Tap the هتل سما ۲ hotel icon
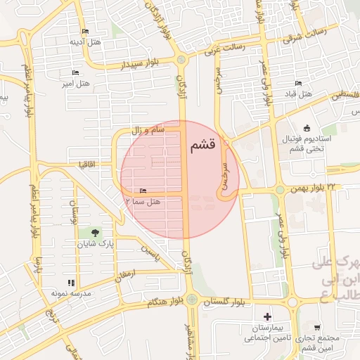point(143,191)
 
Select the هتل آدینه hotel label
point(76,41)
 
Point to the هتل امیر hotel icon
point(75,73)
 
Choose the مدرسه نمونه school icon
point(71,283)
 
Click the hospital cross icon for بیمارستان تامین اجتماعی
point(266,316)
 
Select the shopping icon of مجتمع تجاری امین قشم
point(318,328)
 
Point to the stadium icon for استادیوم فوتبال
point(307,127)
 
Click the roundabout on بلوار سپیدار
point(182,60)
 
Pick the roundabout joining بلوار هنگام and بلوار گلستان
point(192,300)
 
